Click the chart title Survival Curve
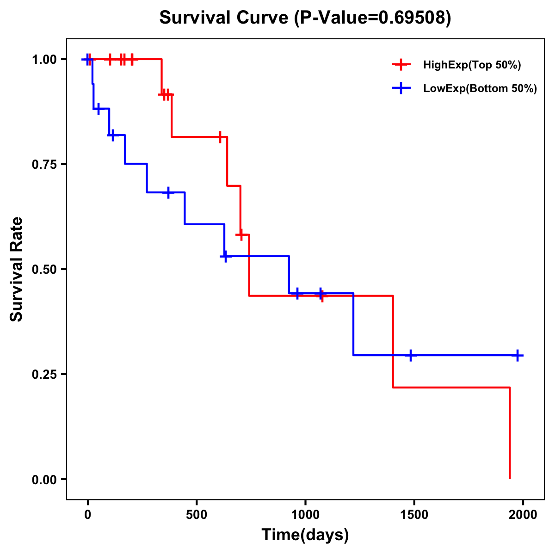tap(226, 18)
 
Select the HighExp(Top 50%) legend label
tap(472, 65)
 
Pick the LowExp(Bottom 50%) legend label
tap(480, 89)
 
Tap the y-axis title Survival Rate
tap(17, 269)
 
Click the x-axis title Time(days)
tap(305, 535)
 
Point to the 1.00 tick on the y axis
tap(44, 60)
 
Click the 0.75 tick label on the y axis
tap(44, 165)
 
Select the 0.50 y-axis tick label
tap(44, 270)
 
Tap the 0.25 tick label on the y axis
tap(44, 375)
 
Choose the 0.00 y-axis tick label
tap(44, 480)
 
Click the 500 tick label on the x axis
tap(197, 515)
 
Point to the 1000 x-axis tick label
tap(305, 515)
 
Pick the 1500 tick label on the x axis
tap(414, 515)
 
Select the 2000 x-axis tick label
tap(523, 515)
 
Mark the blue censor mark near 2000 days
tap(518, 355)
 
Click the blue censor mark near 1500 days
tap(410, 355)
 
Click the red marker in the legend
tap(401, 65)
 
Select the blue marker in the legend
tap(401, 89)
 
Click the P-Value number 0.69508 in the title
tap(413, 18)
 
